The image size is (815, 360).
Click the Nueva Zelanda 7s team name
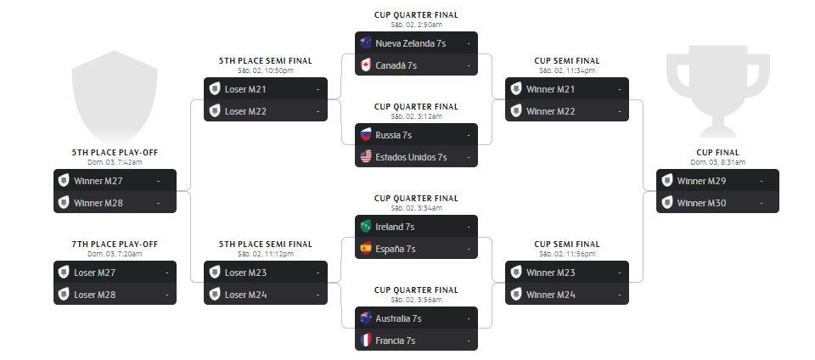(410, 43)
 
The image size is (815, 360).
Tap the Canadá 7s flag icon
(366, 65)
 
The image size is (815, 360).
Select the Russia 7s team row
(416, 135)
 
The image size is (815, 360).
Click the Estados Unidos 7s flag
(366, 157)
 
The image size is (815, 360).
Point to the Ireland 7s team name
(395, 227)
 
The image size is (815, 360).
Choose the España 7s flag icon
(366, 249)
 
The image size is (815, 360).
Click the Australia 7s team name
(398, 318)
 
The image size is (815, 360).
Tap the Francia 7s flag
(366, 340)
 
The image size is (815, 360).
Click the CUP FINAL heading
(717, 153)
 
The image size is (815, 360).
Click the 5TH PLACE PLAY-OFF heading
(115, 153)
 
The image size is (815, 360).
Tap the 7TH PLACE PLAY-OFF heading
(115, 245)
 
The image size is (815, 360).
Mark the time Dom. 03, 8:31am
(717, 162)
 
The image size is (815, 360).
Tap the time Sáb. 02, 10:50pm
(265, 70)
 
